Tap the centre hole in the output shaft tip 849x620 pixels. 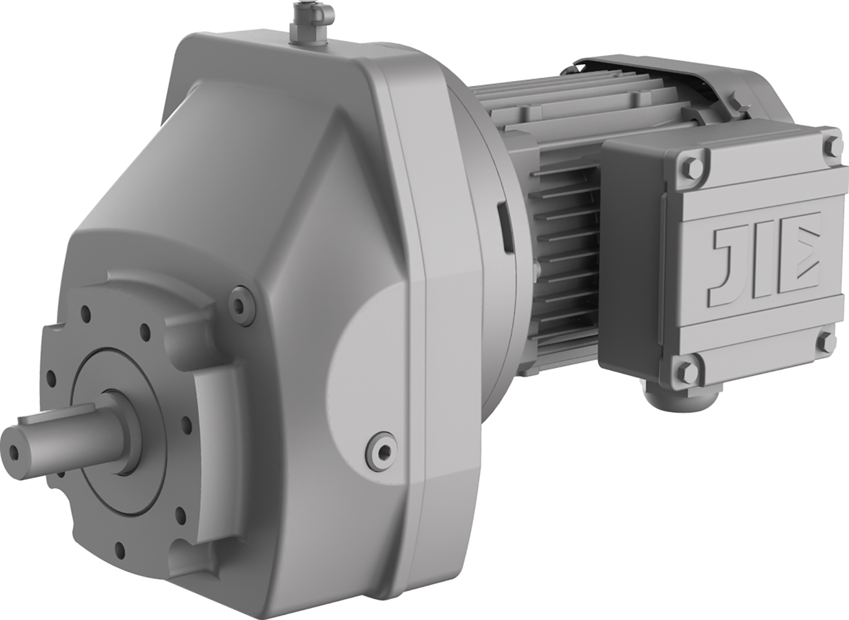tap(15, 451)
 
